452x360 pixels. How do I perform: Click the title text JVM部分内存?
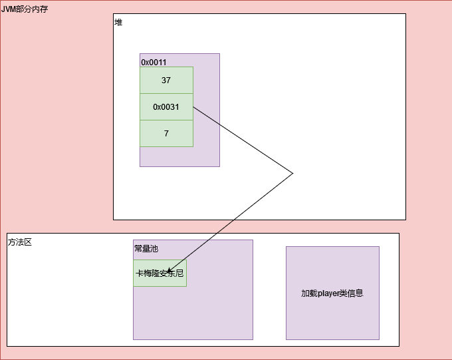coord(25,9)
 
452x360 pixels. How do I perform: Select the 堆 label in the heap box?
coord(118,23)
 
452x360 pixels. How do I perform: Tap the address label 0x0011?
coord(154,63)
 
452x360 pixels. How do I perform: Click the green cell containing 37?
coord(166,80)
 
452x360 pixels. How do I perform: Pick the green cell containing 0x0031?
coord(166,106)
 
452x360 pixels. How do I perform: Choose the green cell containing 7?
coord(166,133)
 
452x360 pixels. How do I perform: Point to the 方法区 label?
coord(20,242)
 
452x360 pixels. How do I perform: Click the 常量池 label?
coord(146,249)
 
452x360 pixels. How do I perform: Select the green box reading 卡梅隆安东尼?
coord(160,273)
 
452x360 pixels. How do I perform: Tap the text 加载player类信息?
coord(332,293)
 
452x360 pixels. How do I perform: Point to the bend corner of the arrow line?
coord(292,174)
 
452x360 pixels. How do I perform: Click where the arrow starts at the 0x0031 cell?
coord(193,106)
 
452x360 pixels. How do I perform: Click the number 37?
coord(166,80)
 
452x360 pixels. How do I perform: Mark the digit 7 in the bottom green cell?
coord(166,133)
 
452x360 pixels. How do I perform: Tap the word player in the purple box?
coord(330,293)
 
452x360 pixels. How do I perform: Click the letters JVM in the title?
coord(9,9)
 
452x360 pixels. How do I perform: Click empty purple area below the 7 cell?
coord(179,156)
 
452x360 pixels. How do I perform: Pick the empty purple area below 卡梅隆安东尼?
coord(193,313)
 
